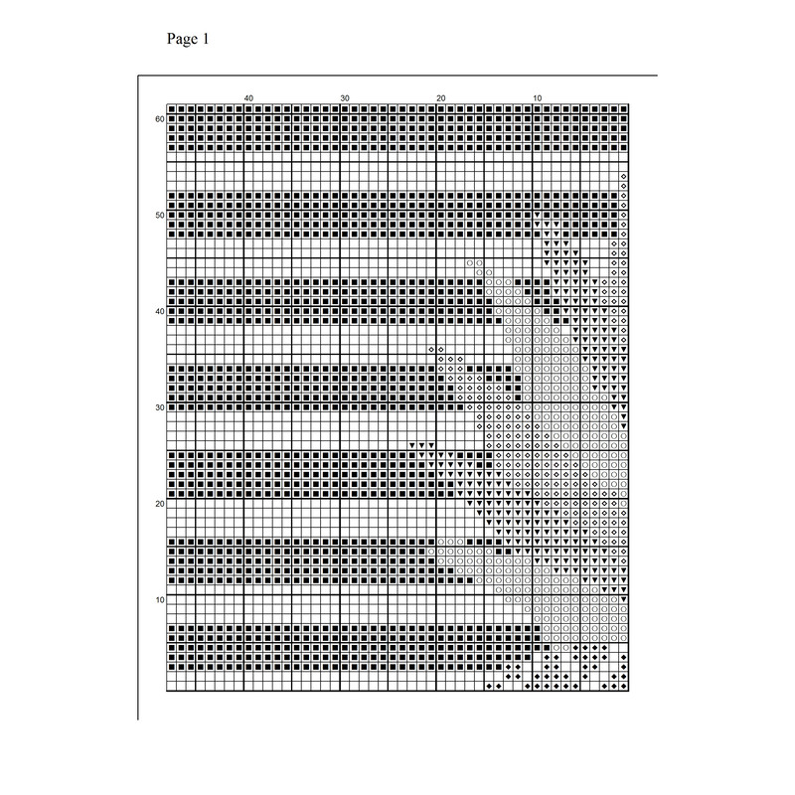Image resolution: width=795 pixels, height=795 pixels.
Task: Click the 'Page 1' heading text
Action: pos(186,40)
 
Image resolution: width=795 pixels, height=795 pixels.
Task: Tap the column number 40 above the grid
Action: pos(248,97)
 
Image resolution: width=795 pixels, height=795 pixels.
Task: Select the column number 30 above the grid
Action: pos(345,97)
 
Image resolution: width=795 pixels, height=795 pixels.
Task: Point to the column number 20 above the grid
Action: pos(440,97)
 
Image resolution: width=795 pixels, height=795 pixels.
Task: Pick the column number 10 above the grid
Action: pos(537,97)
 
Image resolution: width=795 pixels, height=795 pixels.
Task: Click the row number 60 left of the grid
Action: pos(158,119)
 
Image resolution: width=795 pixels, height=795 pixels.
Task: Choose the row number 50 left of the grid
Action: pos(158,215)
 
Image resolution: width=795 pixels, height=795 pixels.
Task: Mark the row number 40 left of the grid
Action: pos(158,311)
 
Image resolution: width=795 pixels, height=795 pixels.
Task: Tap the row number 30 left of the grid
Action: pos(158,407)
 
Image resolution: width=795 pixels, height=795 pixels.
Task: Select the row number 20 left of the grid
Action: pos(158,504)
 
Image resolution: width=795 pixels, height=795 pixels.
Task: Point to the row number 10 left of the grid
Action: pos(158,599)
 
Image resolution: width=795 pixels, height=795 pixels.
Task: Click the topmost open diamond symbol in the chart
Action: pos(623,177)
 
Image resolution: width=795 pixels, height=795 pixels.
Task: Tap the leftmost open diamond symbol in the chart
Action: pos(431,350)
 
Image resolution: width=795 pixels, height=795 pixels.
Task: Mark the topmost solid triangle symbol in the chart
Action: pos(537,215)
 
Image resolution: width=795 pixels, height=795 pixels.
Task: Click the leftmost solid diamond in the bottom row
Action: pos(489,687)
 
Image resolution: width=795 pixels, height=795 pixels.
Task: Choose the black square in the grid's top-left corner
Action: pos(172,109)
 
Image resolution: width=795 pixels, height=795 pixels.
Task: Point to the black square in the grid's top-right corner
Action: pos(623,109)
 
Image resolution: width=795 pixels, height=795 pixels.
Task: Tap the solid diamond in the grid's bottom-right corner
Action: pos(623,687)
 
